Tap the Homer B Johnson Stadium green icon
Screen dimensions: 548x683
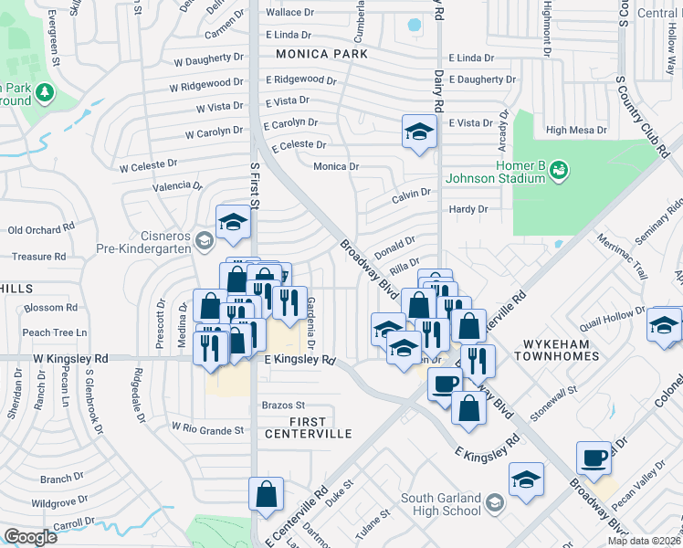tap(559, 169)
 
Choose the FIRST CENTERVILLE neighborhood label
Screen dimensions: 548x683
tap(308, 427)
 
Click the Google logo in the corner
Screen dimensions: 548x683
tap(30, 537)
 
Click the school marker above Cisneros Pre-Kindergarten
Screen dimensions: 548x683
tap(233, 222)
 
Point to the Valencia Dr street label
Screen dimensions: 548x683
tap(177, 185)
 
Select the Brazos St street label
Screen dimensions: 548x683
tap(282, 405)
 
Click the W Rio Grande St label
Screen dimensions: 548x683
tap(208, 429)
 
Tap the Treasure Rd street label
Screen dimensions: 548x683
tap(37, 258)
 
